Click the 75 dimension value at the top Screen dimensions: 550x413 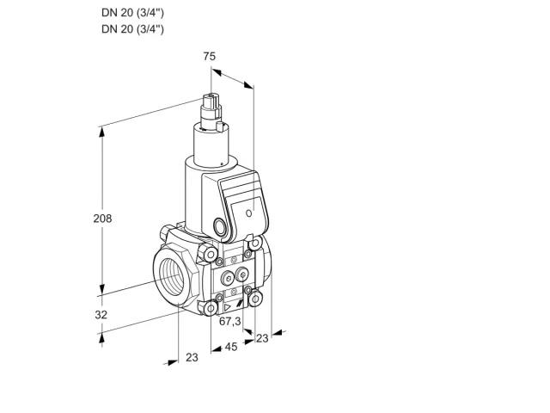click(209, 56)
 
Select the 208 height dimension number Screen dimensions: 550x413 click(102, 219)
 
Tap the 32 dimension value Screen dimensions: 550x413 click(101, 315)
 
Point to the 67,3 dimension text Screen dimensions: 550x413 click(230, 321)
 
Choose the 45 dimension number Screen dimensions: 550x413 click(231, 347)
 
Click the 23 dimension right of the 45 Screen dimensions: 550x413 click(262, 338)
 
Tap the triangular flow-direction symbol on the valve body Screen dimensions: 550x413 click(228, 308)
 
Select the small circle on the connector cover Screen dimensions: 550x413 click(249, 213)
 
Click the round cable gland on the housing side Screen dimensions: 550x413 click(220, 225)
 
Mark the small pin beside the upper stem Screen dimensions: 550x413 click(220, 126)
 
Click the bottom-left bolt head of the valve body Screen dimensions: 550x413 click(211, 309)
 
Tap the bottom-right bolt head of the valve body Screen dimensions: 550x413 click(255, 299)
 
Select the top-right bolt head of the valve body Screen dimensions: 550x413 click(255, 243)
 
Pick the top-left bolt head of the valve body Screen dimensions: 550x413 click(211, 254)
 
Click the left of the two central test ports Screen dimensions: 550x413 click(228, 279)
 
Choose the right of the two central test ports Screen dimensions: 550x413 click(241, 275)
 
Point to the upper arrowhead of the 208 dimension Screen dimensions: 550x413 click(102, 132)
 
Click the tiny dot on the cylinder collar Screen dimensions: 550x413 click(222, 163)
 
